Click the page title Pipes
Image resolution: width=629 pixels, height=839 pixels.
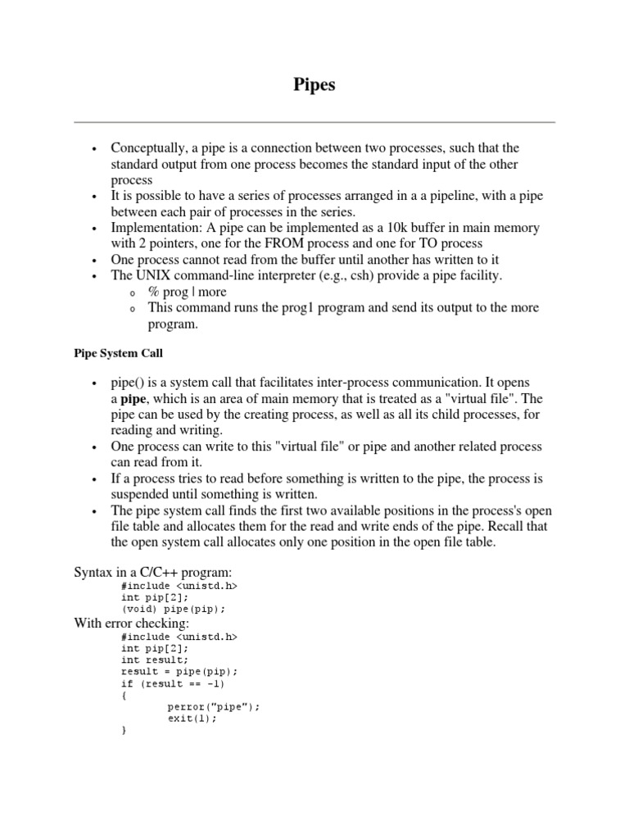[314, 85]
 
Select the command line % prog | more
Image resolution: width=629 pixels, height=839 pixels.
[188, 292]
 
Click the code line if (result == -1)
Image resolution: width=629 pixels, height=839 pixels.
[173, 683]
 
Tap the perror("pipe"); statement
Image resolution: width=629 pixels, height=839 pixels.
[213, 706]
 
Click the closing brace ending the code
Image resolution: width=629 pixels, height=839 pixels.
[124, 730]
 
